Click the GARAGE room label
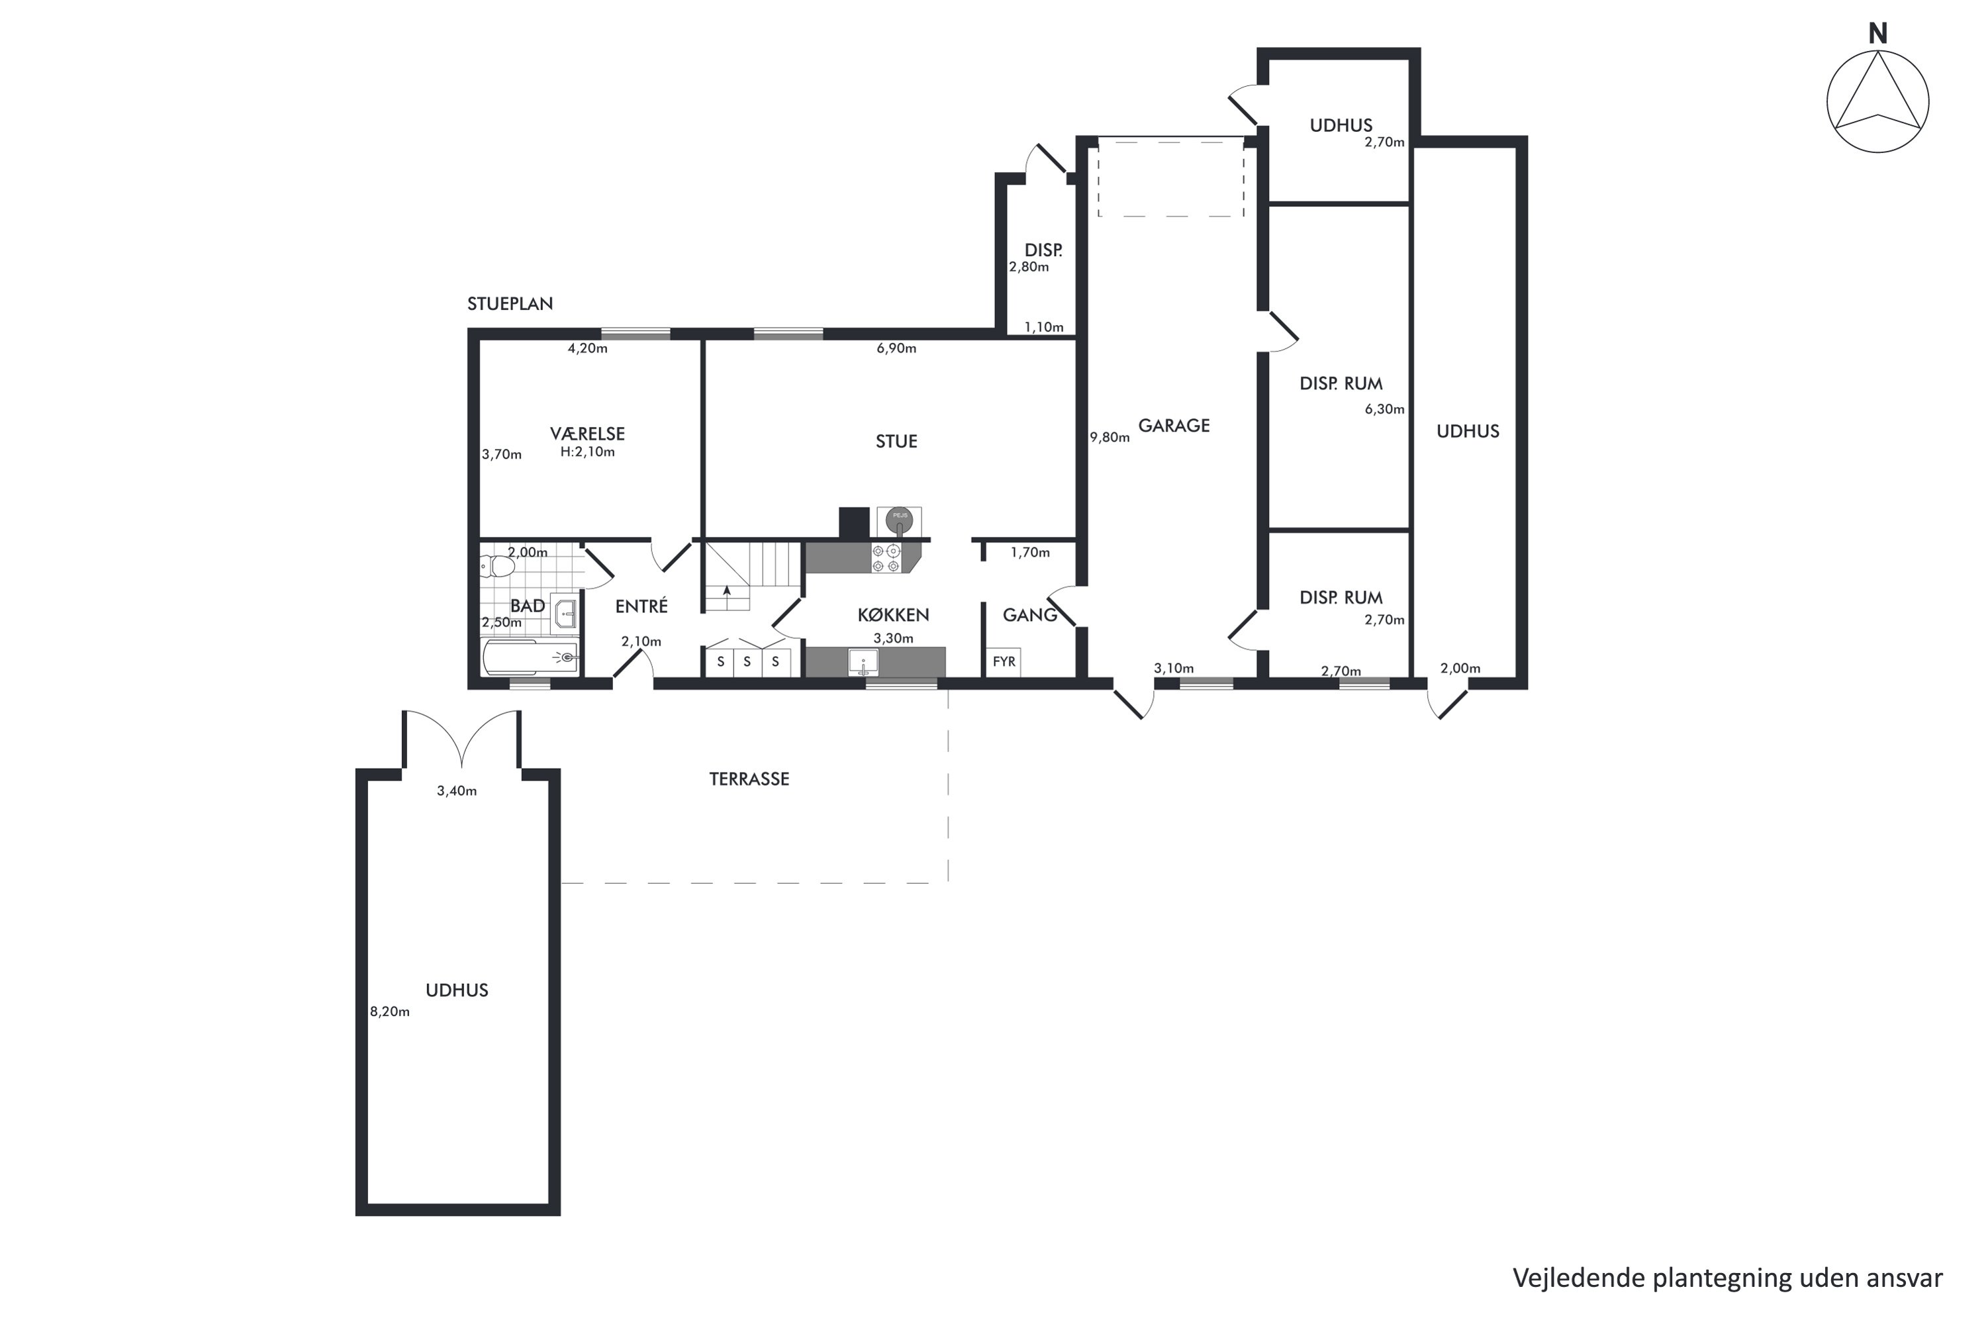point(1174,426)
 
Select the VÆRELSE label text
point(588,434)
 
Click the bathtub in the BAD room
point(530,657)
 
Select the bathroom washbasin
point(564,612)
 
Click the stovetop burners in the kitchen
point(886,558)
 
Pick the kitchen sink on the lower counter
point(863,662)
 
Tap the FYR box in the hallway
point(1004,662)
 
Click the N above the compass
point(1878,34)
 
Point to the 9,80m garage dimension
point(1110,438)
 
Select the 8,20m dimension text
point(390,1012)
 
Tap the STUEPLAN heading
point(510,304)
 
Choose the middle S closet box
point(747,662)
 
